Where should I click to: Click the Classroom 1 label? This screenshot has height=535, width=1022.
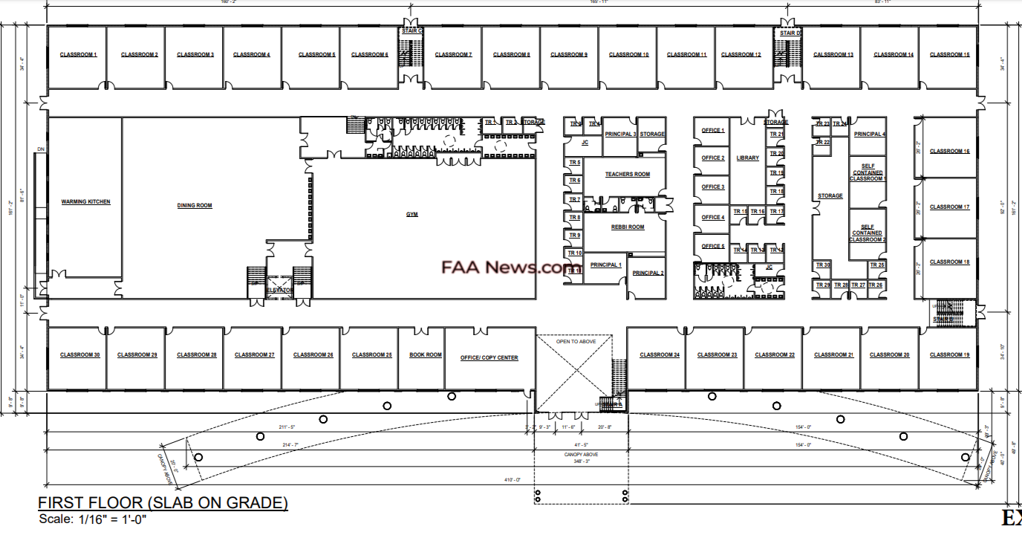78,55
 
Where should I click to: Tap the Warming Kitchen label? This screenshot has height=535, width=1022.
85,202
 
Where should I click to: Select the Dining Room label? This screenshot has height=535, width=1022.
195,206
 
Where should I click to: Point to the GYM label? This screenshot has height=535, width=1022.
411,215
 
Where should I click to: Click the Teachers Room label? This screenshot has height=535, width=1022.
627,175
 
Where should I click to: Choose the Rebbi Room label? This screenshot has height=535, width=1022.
628,227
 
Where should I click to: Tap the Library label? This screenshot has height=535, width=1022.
747,158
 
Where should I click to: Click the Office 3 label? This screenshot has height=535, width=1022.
712,187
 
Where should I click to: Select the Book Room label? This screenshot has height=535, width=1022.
426,355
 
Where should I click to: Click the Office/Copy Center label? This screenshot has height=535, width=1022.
489,358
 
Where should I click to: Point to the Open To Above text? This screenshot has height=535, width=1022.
573,343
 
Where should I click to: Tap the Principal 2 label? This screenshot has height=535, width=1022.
648,273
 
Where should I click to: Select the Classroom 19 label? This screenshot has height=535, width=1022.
949,355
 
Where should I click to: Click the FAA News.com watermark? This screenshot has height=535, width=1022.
512,267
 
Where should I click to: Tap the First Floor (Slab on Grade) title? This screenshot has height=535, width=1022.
163,503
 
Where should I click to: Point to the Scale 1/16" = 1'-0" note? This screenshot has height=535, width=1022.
93,519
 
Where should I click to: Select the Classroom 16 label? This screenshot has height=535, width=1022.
949,152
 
